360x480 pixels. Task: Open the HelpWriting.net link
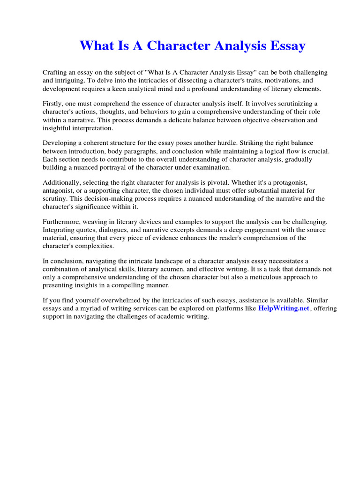coord(284,308)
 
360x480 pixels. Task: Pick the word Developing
coord(61,143)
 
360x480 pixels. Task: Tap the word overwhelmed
coord(106,300)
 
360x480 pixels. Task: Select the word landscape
coord(155,261)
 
